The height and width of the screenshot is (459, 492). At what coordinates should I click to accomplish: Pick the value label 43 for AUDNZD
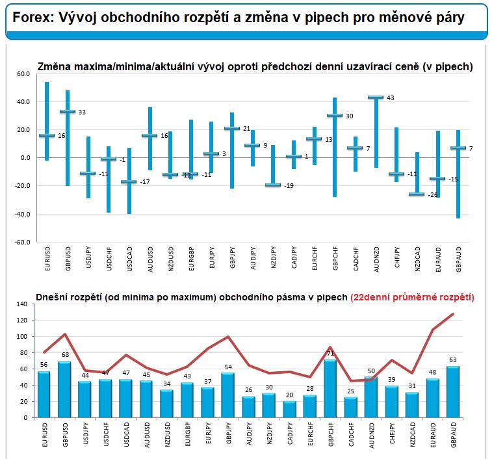[x=391, y=98]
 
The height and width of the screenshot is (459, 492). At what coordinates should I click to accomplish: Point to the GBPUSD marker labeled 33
[x=68, y=112]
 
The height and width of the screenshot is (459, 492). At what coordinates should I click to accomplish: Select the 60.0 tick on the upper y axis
[x=23, y=74]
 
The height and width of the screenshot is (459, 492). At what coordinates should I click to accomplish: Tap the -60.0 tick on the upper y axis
[x=23, y=241]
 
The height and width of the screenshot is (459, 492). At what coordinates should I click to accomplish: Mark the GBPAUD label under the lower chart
[x=453, y=434]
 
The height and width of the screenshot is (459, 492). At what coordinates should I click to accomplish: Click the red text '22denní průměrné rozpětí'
[x=412, y=297]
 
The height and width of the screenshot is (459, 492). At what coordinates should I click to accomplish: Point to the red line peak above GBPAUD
[x=452, y=314]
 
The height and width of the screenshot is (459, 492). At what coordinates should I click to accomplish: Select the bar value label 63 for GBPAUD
[x=452, y=361]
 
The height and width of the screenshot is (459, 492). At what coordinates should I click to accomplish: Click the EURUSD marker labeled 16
[x=47, y=136]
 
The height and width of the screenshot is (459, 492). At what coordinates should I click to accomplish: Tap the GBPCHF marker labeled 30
[x=334, y=116]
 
